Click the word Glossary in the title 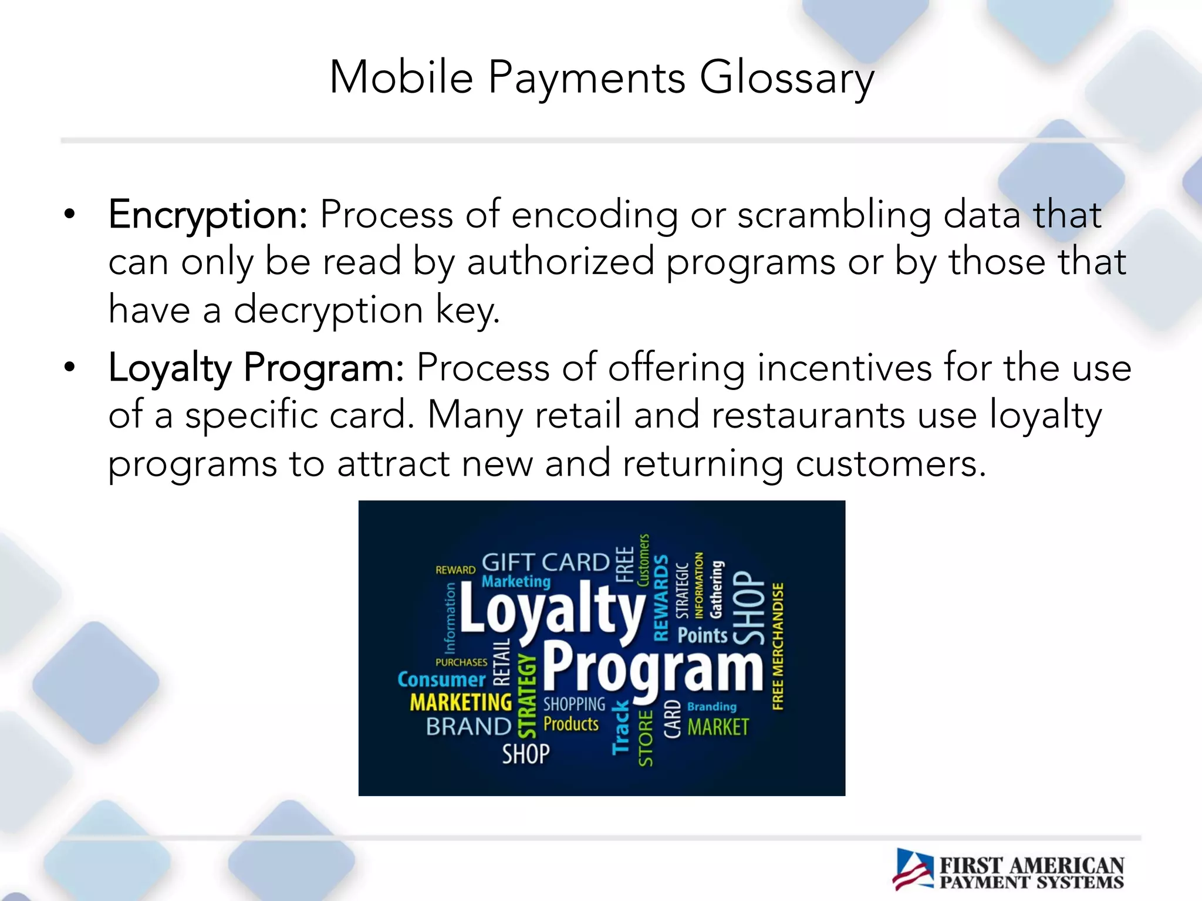click(x=786, y=78)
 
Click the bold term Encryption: click(x=208, y=215)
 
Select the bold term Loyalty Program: click(x=256, y=368)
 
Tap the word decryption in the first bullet click(x=328, y=310)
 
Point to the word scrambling click(x=833, y=215)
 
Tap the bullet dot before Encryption click(x=70, y=215)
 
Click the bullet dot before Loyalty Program click(x=70, y=368)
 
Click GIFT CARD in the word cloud click(x=545, y=563)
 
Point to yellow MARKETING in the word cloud click(x=461, y=702)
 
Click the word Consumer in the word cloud click(x=441, y=679)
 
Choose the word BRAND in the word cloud click(x=468, y=727)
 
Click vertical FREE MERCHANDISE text click(x=778, y=646)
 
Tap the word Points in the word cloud click(x=702, y=635)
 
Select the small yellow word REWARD click(x=455, y=570)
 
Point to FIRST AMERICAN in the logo click(x=1032, y=865)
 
